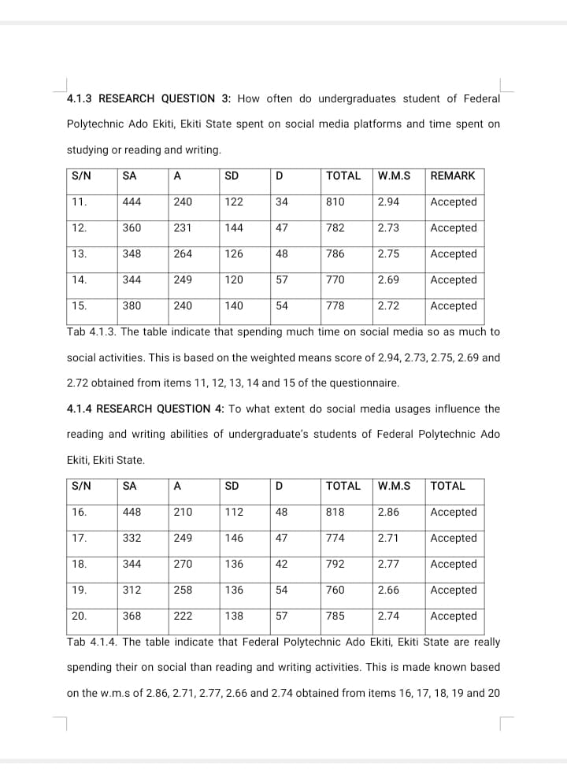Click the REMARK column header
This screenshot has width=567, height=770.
(453, 176)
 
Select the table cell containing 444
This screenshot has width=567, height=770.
(132, 202)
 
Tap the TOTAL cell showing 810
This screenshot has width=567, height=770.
(335, 202)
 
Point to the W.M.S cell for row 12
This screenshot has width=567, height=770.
(387, 228)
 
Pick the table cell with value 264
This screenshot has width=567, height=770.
(183, 254)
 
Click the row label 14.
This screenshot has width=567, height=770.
(79, 279)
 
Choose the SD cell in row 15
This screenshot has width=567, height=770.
(234, 305)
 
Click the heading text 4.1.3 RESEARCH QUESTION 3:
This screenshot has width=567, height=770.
(149, 98)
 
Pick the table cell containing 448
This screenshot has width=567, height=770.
(132, 512)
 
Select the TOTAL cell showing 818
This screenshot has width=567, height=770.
(335, 512)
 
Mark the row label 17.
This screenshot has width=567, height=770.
(79, 538)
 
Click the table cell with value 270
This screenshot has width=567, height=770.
(183, 564)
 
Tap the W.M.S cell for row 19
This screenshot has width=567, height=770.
(387, 590)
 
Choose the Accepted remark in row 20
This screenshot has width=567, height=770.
(454, 616)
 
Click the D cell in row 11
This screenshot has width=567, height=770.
(282, 202)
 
